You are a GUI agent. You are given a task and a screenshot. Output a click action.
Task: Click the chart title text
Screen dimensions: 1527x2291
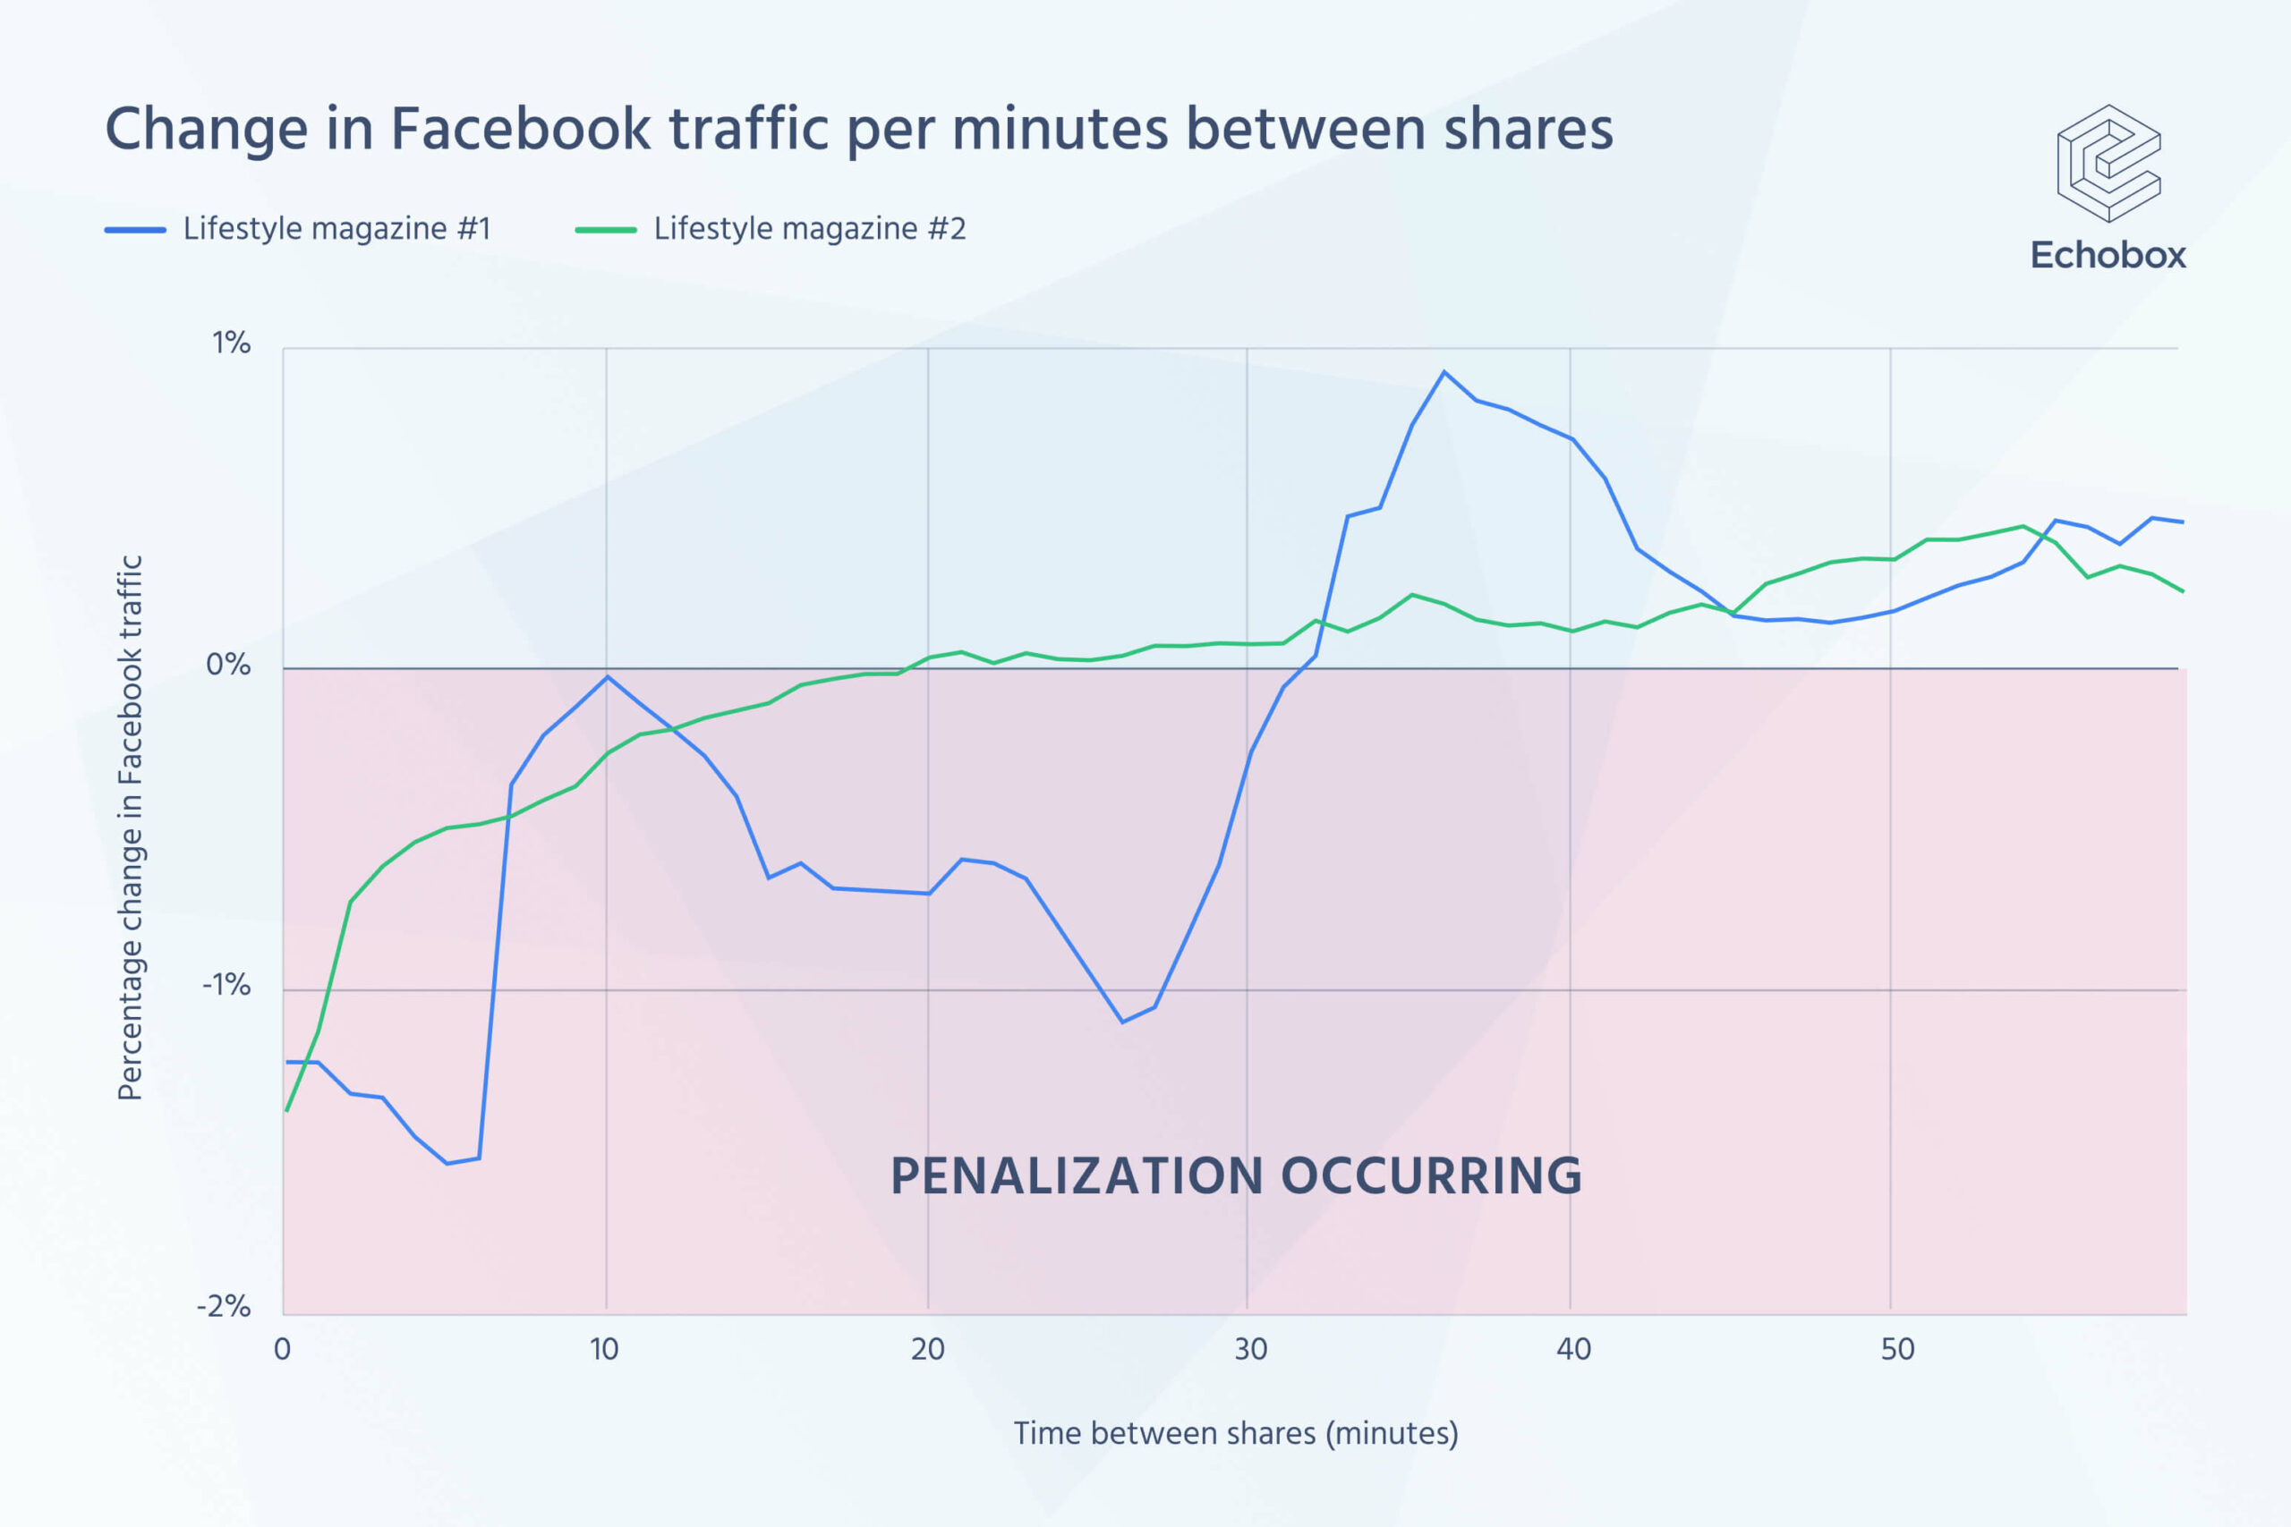pos(858,129)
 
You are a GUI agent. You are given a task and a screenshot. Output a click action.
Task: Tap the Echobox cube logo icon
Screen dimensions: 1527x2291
pos(2108,163)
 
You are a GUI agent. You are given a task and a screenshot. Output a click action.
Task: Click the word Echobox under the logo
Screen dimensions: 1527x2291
pos(2108,255)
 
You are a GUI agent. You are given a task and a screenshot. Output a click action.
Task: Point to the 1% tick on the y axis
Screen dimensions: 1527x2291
pos(231,343)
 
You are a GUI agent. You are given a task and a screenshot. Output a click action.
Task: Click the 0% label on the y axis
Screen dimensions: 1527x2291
pos(228,666)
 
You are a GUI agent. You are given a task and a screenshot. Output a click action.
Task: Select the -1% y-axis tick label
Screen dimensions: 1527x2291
pos(226,986)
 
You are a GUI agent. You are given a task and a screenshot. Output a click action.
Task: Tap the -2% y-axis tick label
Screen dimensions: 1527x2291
pos(224,1306)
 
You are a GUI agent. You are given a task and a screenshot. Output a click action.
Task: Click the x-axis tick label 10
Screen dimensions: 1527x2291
pos(604,1350)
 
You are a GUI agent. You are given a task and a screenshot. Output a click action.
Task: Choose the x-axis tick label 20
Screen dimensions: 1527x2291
pos(927,1350)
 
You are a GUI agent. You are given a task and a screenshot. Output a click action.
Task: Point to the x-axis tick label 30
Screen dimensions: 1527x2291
pos(1251,1350)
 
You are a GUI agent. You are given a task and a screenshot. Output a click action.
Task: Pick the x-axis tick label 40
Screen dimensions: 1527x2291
pos(1573,1350)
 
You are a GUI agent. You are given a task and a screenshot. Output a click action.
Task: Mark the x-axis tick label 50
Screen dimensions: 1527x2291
pos(1897,1350)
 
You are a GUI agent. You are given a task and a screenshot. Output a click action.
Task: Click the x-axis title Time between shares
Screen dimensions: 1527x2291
pos(1235,1433)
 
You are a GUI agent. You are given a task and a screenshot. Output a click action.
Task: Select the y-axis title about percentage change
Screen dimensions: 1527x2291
pos(131,827)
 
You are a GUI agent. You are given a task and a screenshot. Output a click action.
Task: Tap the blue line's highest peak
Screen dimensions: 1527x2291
pos(1444,372)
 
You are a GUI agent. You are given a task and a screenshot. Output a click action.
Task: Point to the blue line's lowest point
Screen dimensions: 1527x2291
pos(447,1164)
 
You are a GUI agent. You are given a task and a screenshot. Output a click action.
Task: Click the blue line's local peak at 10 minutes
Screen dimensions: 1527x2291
pos(608,677)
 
